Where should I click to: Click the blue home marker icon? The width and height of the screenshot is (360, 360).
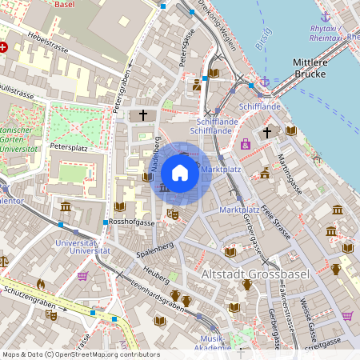pos(180,173)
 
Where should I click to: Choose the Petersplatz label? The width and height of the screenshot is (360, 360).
pos(67,148)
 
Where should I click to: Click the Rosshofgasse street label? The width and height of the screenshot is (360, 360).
pos(133,222)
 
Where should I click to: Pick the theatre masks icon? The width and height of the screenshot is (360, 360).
pos(171,214)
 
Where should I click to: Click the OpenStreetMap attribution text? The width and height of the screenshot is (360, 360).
pos(70,354)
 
